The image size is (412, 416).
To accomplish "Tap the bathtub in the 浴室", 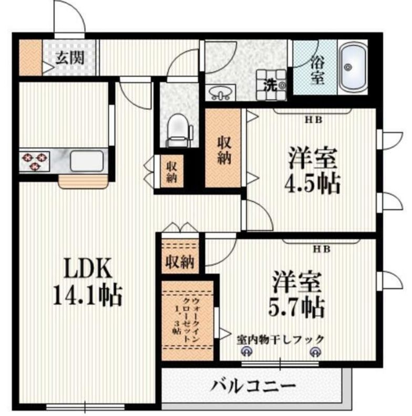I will coord(351,67).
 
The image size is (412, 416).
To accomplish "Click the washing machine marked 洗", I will coord(272,85).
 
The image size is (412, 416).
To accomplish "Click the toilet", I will coord(176,131).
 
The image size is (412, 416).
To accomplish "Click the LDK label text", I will coord(87,270).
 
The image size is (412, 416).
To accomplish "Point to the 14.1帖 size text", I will coord(87,296).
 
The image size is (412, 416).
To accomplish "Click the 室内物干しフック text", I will coord(280,339).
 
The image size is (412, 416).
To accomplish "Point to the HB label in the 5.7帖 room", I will coord(322,249).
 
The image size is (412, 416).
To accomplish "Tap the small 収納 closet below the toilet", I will coord(171,172).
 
